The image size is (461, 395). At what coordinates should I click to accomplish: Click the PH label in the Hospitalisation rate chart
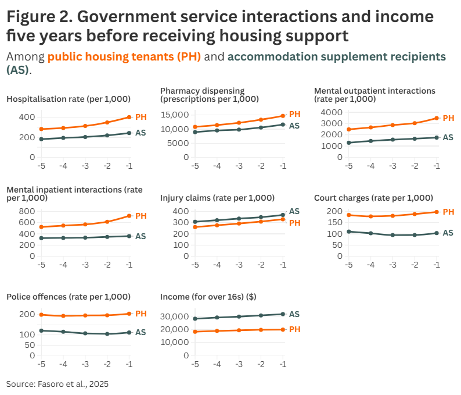pos(141,117)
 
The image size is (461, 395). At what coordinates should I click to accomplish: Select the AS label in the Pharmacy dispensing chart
pos(294,126)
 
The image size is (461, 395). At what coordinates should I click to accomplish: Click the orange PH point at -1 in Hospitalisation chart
pos(129,117)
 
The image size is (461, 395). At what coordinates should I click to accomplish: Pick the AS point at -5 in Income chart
pos(195,319)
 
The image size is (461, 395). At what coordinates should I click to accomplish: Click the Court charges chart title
pos(373,198)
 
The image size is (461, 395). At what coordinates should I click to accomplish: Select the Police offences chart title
pos(69,297)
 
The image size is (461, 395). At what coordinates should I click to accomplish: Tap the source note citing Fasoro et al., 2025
pos(57,384)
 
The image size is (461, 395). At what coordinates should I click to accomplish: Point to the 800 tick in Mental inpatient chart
pos(27,211)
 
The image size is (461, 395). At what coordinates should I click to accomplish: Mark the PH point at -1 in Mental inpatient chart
pos(129,216)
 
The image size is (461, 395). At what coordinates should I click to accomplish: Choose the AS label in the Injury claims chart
pos(294,211)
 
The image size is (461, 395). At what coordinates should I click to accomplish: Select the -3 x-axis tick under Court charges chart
pos(392,265)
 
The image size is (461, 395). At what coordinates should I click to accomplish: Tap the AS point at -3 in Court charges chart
pos(392,235)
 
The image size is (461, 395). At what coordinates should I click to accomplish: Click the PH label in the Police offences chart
pos(141,314)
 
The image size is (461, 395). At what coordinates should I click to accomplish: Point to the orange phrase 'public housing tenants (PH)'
pos(124,57)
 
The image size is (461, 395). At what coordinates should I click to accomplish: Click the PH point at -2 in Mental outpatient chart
pos(415,123)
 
